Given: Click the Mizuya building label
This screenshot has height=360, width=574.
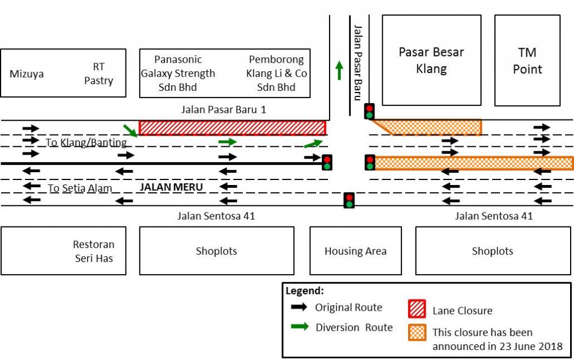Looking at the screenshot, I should [x=26, y=74].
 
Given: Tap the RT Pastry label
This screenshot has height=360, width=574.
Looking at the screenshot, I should [x=99, y=73].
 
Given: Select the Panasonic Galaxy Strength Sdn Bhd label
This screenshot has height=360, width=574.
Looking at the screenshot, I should [x=178, y=73].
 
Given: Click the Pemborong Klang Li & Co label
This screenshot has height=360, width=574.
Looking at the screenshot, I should [x=276, y=73].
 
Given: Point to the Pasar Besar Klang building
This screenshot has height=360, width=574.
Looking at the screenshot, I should [x=431, y=60].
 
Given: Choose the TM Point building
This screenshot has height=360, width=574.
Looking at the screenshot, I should [x=527, y=61].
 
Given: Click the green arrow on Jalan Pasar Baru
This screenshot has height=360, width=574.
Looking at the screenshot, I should [x=339, y=70].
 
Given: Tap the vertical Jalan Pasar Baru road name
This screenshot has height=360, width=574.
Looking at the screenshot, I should [x=358, y=62].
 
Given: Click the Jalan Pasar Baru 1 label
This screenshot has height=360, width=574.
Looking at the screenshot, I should [x=223, y=109].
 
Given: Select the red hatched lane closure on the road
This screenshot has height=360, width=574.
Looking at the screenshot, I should [x=232, y=128].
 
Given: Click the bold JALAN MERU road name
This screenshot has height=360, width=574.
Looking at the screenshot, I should [x=171, y=187].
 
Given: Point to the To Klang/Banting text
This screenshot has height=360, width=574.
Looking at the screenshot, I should [x=86, y=142].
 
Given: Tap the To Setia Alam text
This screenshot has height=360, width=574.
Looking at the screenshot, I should [x=80, y=188].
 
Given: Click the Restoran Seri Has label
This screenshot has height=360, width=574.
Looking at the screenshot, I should [x=93, y=251].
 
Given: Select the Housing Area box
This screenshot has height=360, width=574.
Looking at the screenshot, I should [x=355, y=251].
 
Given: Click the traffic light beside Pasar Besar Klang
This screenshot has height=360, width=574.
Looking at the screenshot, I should [x=369, y=111].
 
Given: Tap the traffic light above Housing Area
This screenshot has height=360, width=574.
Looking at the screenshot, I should [x=349, y=200].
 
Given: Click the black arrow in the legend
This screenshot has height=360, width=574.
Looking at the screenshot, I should [x=300, y=307].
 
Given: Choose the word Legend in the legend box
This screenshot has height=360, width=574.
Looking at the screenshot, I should [x=304, y=291].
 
